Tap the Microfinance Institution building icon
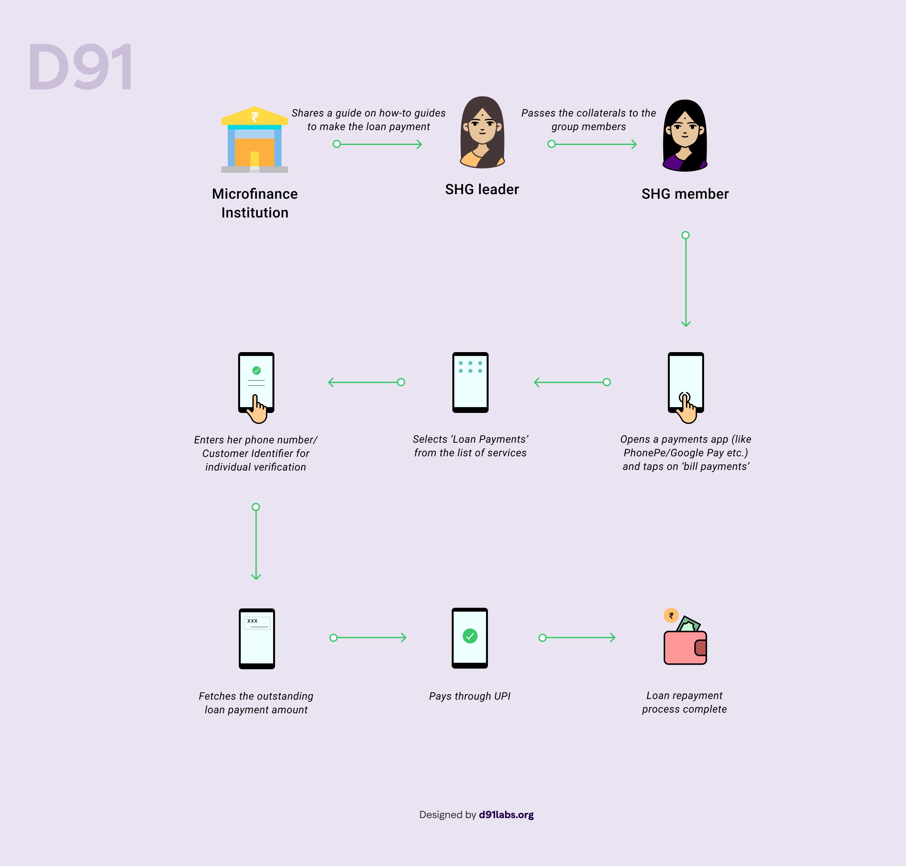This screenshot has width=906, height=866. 255,139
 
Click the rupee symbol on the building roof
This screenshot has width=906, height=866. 255,117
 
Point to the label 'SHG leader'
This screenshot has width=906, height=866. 482,189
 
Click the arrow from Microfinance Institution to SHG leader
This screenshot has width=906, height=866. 378,144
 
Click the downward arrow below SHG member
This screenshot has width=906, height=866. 686,279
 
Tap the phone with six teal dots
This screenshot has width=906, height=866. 470,382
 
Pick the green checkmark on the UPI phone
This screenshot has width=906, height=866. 470,636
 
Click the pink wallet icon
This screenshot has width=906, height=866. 685,647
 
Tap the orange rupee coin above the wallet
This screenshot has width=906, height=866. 671,615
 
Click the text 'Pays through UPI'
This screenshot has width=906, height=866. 470,696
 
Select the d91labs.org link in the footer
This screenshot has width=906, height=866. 506,815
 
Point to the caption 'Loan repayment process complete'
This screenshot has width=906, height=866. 684,702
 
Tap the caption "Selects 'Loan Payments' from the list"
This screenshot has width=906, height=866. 470,446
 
